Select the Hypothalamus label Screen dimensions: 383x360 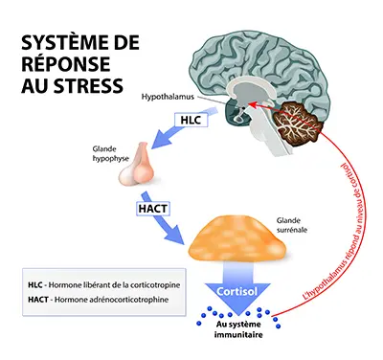[x=168, y=97]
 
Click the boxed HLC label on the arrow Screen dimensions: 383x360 [x=191, y=120]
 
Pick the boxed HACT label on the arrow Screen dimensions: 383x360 [x=152, y=209]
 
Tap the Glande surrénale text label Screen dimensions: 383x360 [x=292, y=225]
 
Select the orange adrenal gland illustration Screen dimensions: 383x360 [x=237, y=238]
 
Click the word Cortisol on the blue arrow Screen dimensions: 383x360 [x=237, y=291]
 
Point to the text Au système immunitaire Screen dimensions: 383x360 [x=238, y=329]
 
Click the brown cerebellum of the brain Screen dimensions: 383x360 [x=298, y=123]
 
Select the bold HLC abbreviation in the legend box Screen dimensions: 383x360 [x=35, y=284]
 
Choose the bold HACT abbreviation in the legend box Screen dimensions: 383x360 [x=38, y=300]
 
